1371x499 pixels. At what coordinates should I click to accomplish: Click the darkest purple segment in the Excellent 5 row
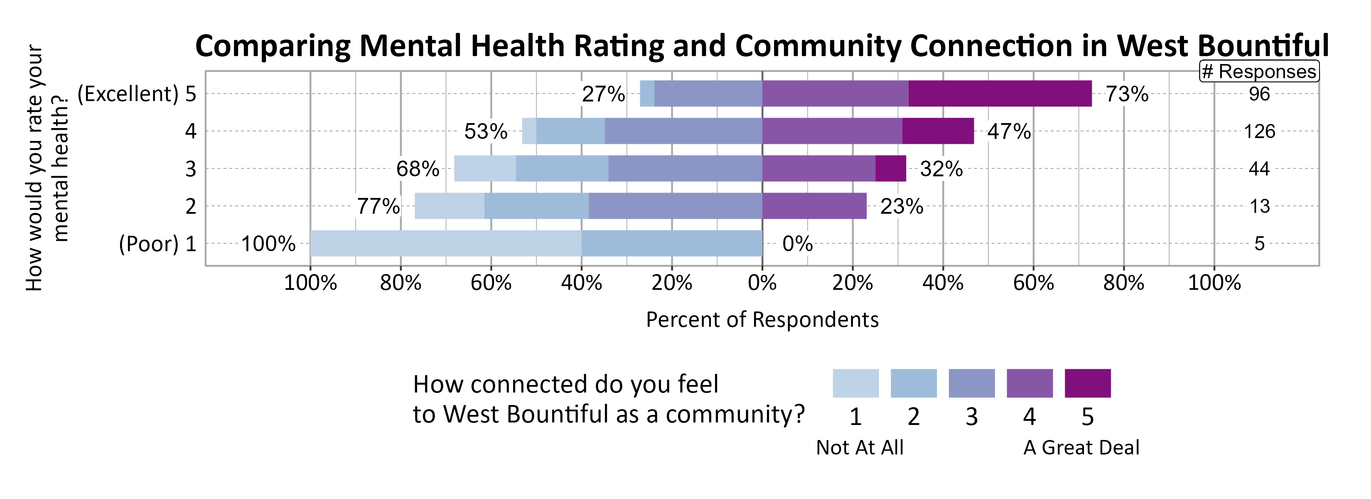(1000, 94)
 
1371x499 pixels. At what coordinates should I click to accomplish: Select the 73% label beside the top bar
(1127, 94)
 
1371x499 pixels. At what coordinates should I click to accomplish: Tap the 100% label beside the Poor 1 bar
(268, 244)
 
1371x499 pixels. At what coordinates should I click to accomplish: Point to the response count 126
(1259, 131)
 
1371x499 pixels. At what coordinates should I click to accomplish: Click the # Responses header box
(1259, 72)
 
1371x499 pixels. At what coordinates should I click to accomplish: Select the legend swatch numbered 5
(1087, 383)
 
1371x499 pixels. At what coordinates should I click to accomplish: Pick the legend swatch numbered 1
(855, 383)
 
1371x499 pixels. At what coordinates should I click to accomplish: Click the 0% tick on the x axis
(762, 283)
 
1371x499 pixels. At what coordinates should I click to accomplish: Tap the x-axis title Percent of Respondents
(762, 319)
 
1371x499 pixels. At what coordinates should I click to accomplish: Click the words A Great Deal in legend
(1081, 447)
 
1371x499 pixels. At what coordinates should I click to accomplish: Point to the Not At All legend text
(860, 447)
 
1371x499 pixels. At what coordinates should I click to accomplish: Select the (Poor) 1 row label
(157, 244)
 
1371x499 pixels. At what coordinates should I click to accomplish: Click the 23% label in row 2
(902, 207)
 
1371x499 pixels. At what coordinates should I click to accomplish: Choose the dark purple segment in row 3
(890, 169)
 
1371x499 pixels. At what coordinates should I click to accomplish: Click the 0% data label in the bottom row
(797, 244)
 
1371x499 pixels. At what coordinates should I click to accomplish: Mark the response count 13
(1259, 207)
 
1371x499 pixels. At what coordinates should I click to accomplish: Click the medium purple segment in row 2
(814, 206)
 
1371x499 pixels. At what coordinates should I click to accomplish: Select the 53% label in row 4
(485, 131)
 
